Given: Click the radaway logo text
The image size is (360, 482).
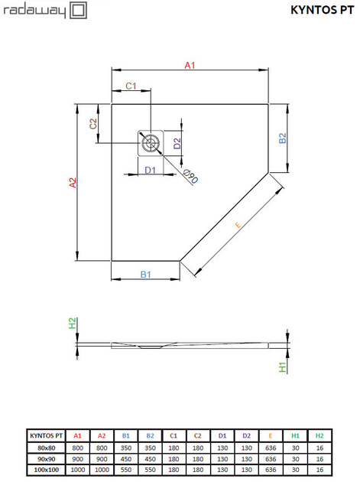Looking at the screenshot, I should point(34,10).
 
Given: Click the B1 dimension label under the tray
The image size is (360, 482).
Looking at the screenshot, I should point(145,274).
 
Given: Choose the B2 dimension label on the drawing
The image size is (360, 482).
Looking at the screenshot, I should point(282,138).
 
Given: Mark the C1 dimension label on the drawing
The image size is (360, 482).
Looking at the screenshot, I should point(131,86).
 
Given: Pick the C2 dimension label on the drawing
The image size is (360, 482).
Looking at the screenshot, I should point(93,123).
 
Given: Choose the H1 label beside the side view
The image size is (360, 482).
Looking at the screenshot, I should point(282,367).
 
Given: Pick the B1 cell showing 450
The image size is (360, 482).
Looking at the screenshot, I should point(127,458).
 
